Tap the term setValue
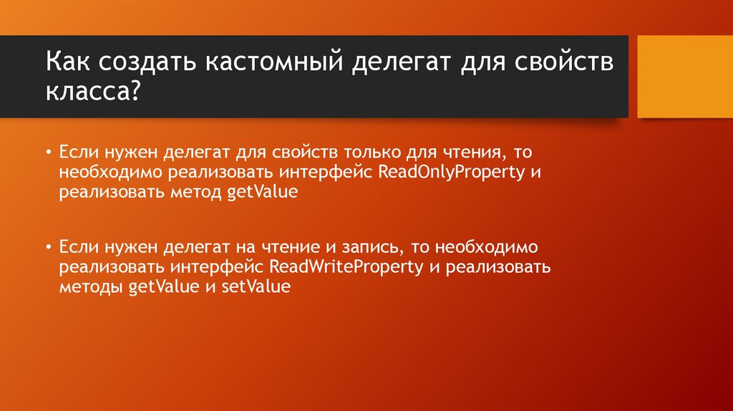click(256, 286)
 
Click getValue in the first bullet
click(261, 192)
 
